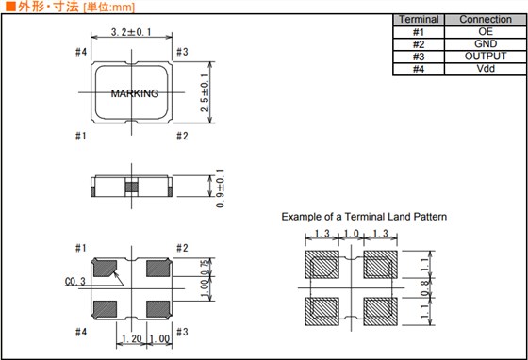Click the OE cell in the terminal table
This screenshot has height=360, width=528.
[x=486, y=32]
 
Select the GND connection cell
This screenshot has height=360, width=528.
[x=486, y=44]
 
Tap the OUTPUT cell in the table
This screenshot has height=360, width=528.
[x=486, y=57]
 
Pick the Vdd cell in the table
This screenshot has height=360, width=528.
[x=486, y=69]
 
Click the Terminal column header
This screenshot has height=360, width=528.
[x=419, y=20]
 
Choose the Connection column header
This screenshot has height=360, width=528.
[x=486, y=20]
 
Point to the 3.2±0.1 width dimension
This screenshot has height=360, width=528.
[x=131, y=32]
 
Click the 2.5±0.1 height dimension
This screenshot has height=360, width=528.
[x=206, y=92]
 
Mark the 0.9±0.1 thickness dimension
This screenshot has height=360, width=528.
[x=220, y=188]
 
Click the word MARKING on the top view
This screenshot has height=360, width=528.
[x=135, y=93]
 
